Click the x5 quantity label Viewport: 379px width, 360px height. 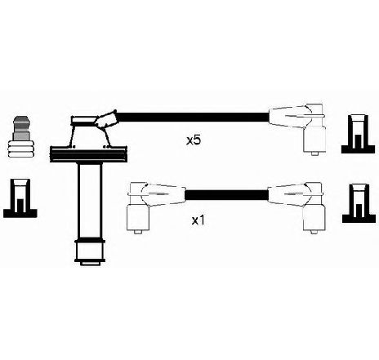tap(194, 140)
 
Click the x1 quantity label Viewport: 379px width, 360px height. tap(198, 220)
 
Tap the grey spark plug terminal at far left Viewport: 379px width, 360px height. tap(21, 137)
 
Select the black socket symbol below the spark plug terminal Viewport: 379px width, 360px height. tap(20, 198)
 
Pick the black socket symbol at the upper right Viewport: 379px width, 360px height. tap(359, 134)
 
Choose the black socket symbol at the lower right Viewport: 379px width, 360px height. tap(359, 203)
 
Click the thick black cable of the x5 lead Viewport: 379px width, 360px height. tap(193, 118)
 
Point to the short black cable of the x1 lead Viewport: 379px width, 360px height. tap(226, 195)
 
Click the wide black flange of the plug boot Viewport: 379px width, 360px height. tap(89, 154)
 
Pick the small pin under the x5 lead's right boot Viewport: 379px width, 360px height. tap(314, 153)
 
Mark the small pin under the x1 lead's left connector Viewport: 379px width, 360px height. tap(138, 232)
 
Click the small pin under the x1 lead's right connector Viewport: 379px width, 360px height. tap(314, 232)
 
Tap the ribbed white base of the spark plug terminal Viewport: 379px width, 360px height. tap(21, 149)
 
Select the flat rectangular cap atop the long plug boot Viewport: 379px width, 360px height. tap(84, 120)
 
